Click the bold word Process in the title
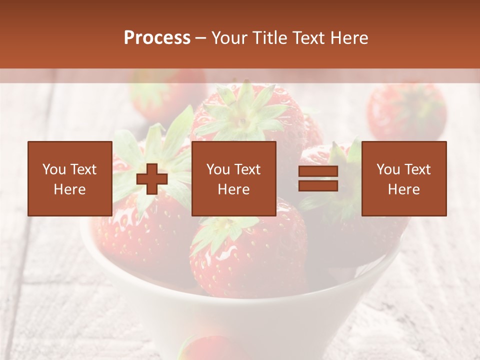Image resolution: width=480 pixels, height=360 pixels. pos(157,38)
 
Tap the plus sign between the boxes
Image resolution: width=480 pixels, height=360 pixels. pos(151,179)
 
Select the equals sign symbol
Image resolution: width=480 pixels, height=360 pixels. pos(318,178)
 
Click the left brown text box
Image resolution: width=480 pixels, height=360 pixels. pos(69,178)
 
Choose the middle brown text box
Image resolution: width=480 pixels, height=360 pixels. pos(233,178)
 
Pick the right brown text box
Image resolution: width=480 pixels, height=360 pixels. pos(403,178)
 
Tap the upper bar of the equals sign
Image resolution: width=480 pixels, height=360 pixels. pos(318,171)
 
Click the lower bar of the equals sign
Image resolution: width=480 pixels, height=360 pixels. pos(318,185)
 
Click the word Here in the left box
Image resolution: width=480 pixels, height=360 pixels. pos(69,189)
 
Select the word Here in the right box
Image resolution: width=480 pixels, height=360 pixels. pos(403,189)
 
